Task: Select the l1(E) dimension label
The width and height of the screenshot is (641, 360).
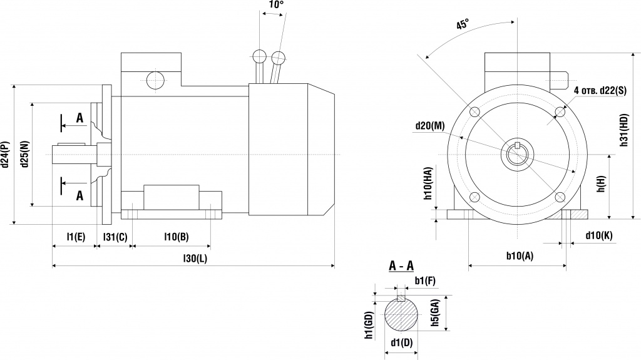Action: [x=75, y=237]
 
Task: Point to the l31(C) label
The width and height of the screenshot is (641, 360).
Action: [x=115, y=237]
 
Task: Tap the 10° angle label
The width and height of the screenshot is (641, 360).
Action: [x=275, y=5]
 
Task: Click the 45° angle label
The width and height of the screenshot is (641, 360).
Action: [x=463, y=25]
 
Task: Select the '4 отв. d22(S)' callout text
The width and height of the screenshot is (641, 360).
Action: [x=600, y=91]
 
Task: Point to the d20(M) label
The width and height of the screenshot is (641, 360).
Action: [x=429, y=125]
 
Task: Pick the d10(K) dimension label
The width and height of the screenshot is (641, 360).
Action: [x=598, y=235]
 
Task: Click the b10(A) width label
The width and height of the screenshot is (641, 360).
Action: [x=520, y=256]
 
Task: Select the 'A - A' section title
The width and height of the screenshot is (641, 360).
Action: [x=401, y=267]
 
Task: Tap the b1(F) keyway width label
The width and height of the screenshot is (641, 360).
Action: [x=425, y=280]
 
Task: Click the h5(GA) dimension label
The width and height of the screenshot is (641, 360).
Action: [x=435, y=312]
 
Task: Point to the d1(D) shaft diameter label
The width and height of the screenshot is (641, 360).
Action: [x=401, y=342]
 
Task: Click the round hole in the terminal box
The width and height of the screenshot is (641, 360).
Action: [x=155, y=81]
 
